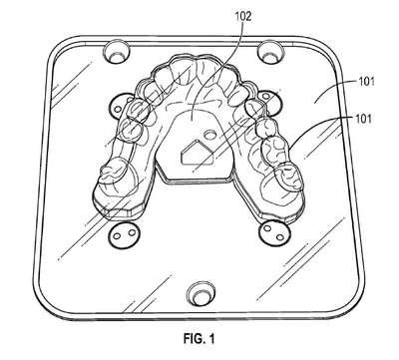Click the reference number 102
pos(243,16)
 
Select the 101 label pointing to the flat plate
pos(366,81)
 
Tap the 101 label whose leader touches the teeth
pos(363,119)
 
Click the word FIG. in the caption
pos(195,338)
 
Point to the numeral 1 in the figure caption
pos(211,338)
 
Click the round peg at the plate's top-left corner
pos(117,52)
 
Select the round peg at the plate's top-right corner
pos(270,52)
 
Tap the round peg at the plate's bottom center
pos(199,294)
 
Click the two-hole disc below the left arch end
pos(124,234)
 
